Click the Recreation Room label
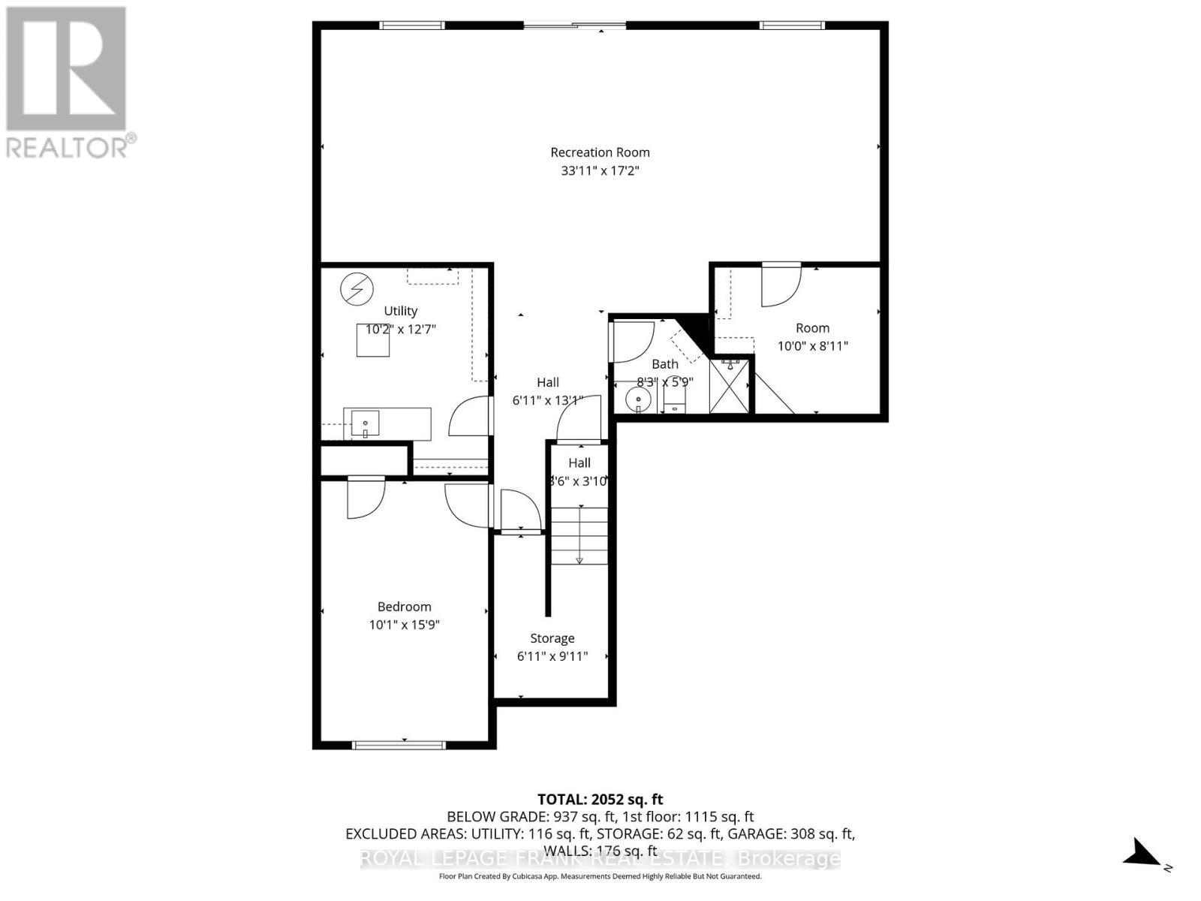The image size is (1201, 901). click(x=600, y=152)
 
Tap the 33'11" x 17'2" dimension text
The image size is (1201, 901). click(x=600, y=171)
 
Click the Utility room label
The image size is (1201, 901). click(x=400, y=311)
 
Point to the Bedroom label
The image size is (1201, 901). click(x=404, y=607)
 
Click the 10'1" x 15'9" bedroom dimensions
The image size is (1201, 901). click(x=404, y=625)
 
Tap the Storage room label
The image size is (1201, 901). click(x=552, y=638)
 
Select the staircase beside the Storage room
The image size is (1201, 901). click(x=579, y=536)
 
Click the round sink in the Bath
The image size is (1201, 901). click(x=637, y=399)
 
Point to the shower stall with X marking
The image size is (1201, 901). click(x=730, y=386)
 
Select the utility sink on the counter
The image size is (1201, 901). click(x=366, y=424)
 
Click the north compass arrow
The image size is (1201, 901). click(x=1142, y=853)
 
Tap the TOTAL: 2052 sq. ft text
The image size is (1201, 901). click(x=600, y=800)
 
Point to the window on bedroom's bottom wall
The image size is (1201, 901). click(x=399, y=745)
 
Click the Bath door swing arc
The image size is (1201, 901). click(x=633, y=342)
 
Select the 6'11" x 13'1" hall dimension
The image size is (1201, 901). click(x=547, y=401)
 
